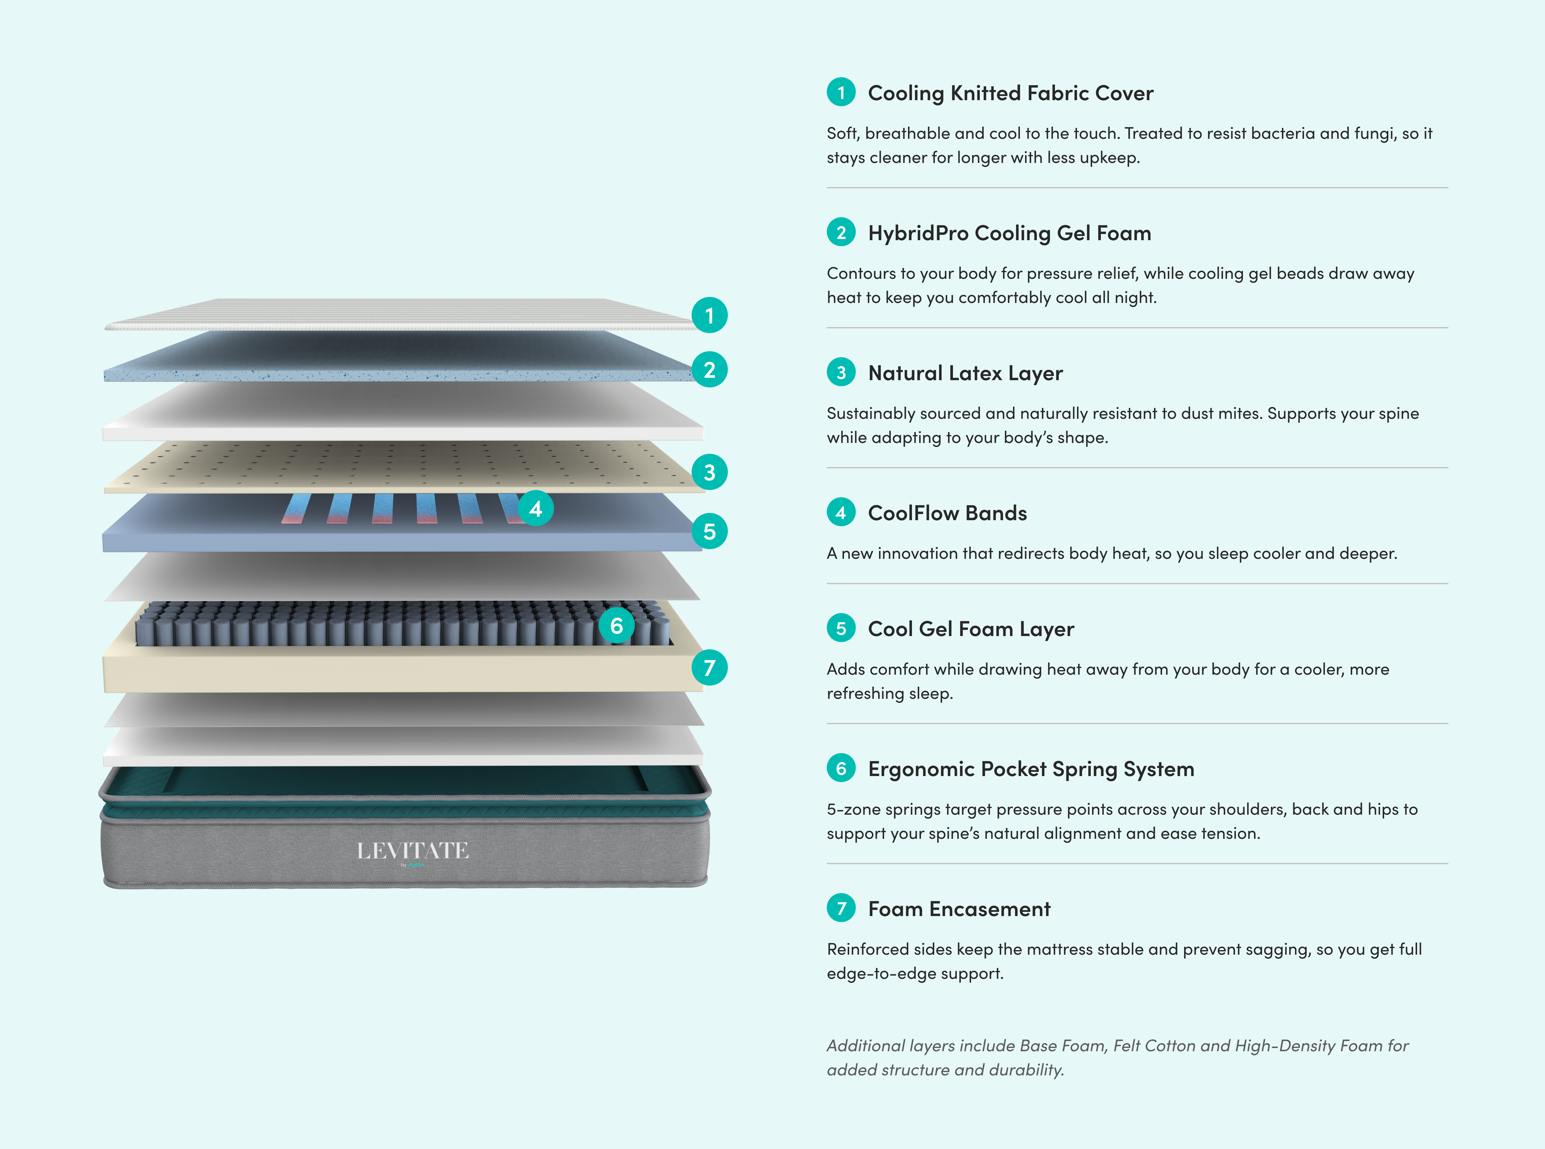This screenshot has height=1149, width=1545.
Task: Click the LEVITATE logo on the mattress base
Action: [x=413, y=851]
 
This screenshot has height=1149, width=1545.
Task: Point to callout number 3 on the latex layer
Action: [x=709, y=472]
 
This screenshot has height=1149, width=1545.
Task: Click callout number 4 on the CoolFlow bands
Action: [x=536, y=508]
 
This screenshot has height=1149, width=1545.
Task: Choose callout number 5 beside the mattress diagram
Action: [x=709, y=531]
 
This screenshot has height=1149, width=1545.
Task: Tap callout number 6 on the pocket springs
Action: [x=616, y=625]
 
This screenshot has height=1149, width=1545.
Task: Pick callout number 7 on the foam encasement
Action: [x=709, y=668]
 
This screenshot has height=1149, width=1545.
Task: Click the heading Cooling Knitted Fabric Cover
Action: [x=1010, y=93]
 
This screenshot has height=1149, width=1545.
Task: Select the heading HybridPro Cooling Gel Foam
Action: [x=1009, y=233]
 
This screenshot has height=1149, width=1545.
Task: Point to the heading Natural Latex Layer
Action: [x=966, y=374]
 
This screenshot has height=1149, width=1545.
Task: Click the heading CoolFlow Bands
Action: [x=948, y=513]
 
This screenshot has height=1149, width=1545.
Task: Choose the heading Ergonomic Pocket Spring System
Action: [x=1031, y=769]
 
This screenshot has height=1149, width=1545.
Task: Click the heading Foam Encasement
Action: [x=959, y=909]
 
